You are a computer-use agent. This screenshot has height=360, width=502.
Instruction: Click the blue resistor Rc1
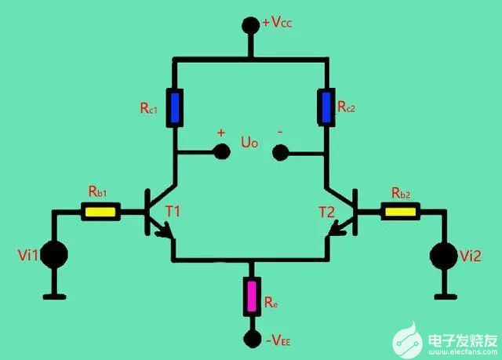175,108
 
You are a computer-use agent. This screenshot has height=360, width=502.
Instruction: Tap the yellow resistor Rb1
102,211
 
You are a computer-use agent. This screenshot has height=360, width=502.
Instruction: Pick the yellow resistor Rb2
401,210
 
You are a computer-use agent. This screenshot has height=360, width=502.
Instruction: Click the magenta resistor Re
252,295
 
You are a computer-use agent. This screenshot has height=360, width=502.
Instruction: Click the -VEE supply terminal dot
252,338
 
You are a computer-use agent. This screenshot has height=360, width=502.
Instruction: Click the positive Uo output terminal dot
220,152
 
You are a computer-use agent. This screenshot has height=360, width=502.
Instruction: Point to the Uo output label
249,145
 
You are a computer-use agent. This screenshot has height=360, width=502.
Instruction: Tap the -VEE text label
280,340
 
